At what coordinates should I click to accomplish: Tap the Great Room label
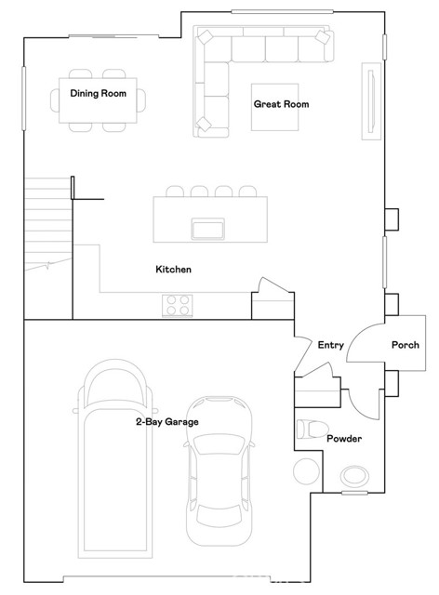pos(281,104)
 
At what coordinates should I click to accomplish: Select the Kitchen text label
pos(173,270)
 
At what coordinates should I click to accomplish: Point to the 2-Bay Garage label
pos(166,422)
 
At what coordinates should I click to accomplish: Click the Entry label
pos(330,345)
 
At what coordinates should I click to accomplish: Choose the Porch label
pos(405,345)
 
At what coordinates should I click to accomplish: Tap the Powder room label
pos(343,439)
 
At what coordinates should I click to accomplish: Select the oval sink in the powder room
pos(353,476)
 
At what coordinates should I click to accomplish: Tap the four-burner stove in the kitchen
pos(177,303)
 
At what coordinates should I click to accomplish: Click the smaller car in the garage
pos(219,469)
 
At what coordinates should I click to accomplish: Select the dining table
pos(101,100)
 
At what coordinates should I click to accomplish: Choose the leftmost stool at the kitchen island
pos(173,192)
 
